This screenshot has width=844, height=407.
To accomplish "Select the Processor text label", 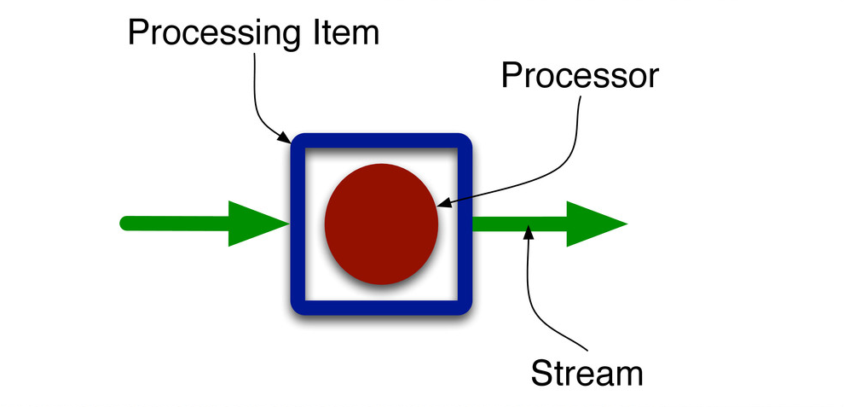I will click(x=580, y=75).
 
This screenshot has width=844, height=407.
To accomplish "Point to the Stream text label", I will click(x=586, y=373).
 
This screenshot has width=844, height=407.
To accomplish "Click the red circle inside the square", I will click(x=381, y=224).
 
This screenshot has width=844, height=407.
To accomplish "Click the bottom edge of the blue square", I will click(x=381, y=307).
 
